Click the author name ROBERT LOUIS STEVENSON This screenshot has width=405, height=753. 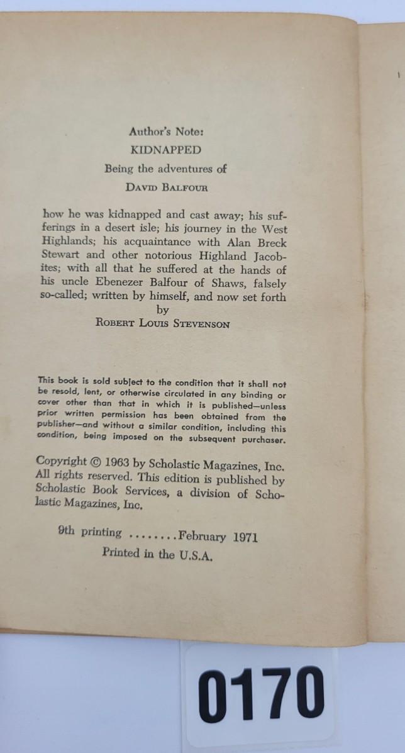(162, 325)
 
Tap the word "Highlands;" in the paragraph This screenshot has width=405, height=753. (69, 242)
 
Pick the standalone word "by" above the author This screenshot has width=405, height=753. (162, 310)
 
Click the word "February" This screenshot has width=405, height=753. (202, 536)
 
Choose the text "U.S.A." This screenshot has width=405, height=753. (196, 554)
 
